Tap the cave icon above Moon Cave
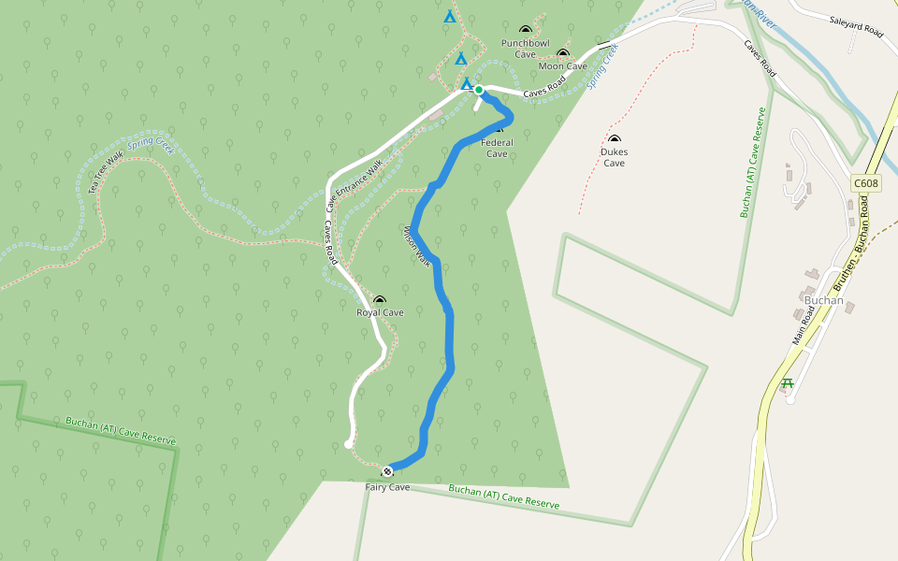point(562,54)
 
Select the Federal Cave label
point(497,148)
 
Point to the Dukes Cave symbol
point(615,140)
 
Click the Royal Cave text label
point(380,313)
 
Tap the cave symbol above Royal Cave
point(379,301)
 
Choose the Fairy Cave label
point(387,487)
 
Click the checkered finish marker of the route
point(387,469)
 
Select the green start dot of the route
point(479,90)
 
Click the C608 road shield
point(865,183)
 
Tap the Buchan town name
point(824,301)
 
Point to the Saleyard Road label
point(855,25)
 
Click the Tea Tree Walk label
point(107,173)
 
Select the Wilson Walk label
point(416,245)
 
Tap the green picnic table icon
point(788,383)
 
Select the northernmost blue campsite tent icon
point(449,16)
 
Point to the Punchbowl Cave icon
point(524,31)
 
